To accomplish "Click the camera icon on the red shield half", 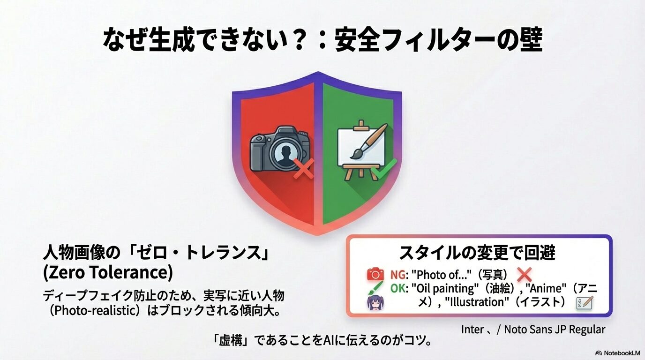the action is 280,149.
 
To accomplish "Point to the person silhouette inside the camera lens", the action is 285,153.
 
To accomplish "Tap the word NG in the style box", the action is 397,275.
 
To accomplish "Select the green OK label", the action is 398,288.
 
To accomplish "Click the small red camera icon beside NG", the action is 375,274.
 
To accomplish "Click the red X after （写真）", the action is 525,275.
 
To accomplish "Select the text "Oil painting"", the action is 444,289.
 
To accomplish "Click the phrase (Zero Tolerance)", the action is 108,272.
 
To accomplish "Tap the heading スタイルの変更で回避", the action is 477,253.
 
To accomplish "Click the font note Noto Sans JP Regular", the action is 555,330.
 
